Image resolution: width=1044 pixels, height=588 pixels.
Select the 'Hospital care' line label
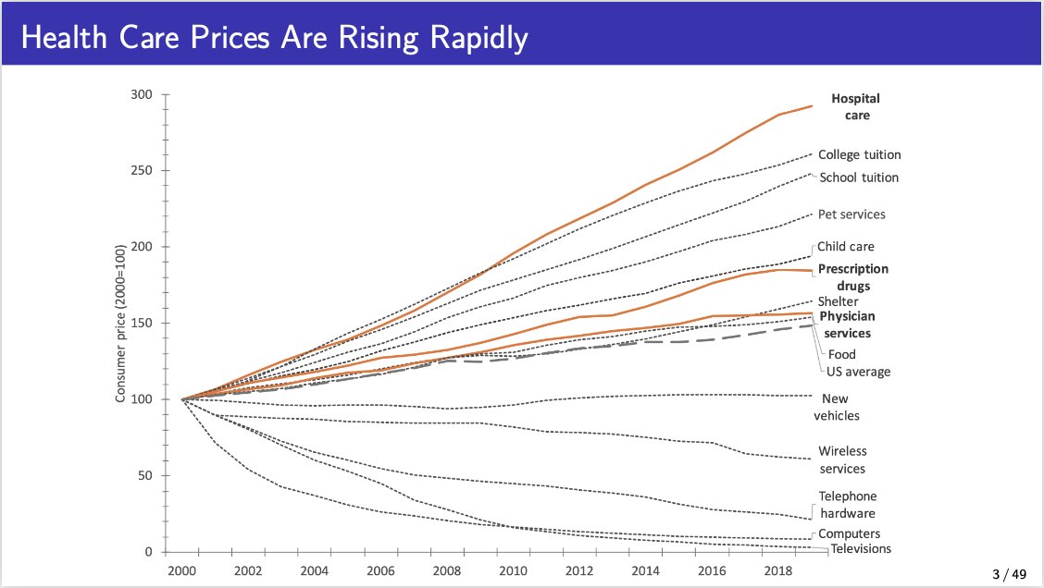point(855,107)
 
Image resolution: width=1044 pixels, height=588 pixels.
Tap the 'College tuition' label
point(859,155)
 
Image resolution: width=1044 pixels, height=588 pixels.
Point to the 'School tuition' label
point(859,178)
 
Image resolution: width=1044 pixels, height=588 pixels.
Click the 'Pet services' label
point(851,214)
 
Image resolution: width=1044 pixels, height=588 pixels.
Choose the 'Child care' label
point(846,247)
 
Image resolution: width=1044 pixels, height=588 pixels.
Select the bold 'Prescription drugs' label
point(853,277)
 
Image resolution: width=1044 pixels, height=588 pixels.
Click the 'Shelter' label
point(838,301)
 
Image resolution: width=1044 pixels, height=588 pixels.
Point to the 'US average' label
point(859,372)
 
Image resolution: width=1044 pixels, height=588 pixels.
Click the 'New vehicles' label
point(840,407)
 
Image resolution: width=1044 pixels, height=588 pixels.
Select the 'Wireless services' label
point(842,460)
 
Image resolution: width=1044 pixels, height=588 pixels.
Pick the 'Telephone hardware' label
point(847,505)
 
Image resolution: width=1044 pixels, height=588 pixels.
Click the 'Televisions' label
point(861,549)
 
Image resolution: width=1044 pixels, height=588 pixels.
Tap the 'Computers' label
point(849,533)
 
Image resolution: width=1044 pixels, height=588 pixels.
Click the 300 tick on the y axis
point(141,94)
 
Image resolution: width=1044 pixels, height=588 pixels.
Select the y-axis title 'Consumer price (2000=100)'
point(120,324)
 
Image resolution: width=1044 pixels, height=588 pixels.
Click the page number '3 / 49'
point(1009,575)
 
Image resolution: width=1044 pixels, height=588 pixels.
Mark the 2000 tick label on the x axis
point(181,571)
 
